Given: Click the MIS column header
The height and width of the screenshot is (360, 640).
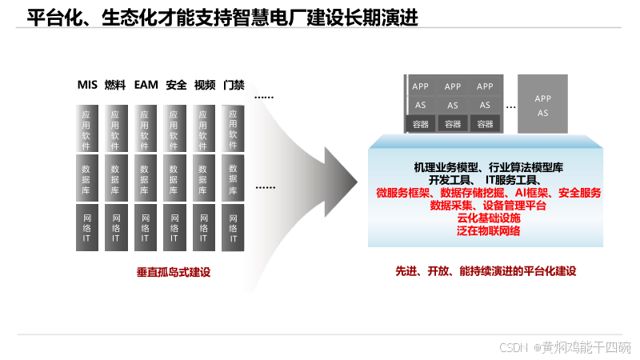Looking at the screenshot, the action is click(x=87, y=85).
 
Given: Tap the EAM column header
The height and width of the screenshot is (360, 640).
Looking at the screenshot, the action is click(x=146, y=85).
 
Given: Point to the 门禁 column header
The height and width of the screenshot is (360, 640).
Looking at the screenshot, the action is click(x=234, y=85).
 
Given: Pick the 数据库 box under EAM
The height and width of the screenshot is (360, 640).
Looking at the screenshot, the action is click(x=144, y=180).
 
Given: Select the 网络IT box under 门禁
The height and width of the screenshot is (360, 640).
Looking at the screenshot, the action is click(x=233, y=228).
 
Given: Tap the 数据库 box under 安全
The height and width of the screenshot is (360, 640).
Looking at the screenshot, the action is click(x=174, y=180).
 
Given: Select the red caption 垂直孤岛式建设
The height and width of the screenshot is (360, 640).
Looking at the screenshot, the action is click(x=173, y=273).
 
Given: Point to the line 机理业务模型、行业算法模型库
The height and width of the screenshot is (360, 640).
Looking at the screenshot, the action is click(x=488, y=168).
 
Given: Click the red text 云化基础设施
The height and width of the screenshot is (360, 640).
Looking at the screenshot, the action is click(x=488, y=218).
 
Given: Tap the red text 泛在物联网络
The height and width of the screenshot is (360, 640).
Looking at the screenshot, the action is click(x=488, y=231).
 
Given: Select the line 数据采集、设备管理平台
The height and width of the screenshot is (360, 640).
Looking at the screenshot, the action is click(x=488, y=206).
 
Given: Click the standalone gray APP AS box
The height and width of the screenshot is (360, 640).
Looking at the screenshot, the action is click(x=542, y=105).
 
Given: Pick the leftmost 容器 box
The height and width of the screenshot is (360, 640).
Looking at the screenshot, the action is click(x=421, y=124).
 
